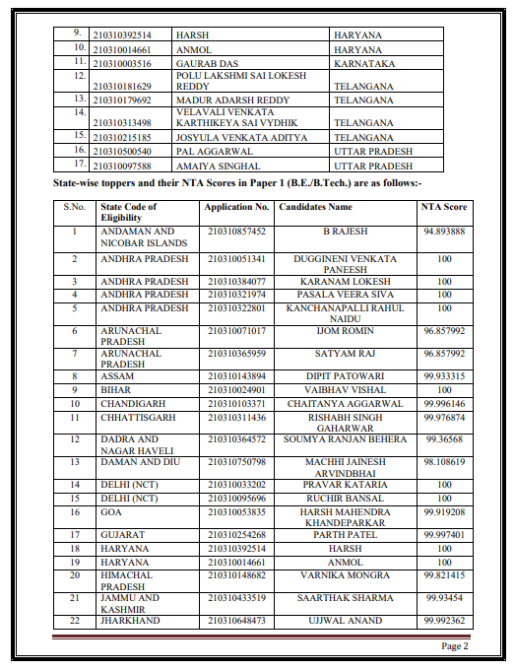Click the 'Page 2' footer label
[454, 646]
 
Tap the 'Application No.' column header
[236, 208]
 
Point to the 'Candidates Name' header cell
[315, 208]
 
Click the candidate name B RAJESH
[345, 231]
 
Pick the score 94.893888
[444, 231]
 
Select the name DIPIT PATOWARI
[345, 376]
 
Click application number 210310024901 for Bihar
[236, 390]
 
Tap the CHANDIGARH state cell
[132, 404]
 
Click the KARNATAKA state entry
[364, 63]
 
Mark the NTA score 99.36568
[444, 439]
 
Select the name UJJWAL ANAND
[345, 621]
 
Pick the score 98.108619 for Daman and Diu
[444, 461]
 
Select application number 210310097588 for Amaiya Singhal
[122, 166]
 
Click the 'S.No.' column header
[75, 208]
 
